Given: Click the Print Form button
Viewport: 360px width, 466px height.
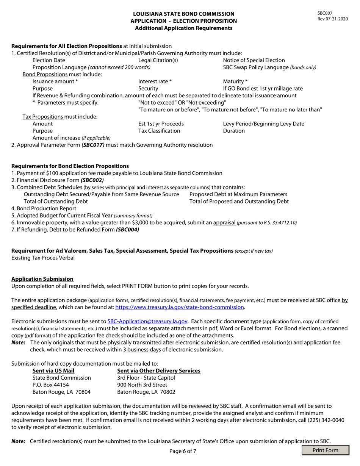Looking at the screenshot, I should tap(326, 450).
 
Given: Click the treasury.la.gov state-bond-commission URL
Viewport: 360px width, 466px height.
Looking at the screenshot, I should tap(180, 307).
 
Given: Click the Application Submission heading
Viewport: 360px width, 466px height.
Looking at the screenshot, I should tap(42, 278).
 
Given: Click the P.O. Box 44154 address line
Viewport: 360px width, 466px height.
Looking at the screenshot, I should tap(51, 385).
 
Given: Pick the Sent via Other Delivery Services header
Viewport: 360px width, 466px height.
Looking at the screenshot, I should tap(159, 371).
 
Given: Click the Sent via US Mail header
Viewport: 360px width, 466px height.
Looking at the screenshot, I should tap(53, 371).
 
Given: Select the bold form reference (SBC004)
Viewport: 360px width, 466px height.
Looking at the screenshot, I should tap(127, 230).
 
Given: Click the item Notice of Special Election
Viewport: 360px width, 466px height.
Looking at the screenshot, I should tap(254, 60).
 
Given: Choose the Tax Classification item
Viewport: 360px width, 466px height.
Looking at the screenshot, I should tap(159, 131).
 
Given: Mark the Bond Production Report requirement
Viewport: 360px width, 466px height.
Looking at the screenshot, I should tap(44, 208).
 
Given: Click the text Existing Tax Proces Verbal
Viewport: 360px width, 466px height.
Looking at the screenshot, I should tap(43, 258).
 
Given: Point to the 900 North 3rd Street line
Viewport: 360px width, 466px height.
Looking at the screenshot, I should tap(142, 385).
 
